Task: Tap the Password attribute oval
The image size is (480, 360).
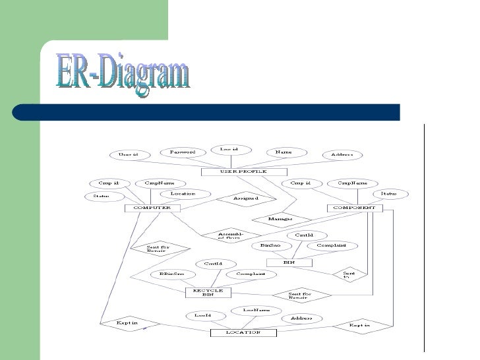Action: [x=183, y=152]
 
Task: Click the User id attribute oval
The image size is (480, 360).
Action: [x=128, y=155]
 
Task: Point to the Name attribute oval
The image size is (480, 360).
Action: [x=284, y=152]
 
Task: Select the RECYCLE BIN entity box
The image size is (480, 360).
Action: [x=208, y=291]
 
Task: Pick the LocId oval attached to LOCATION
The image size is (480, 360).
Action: [x=203, y=316]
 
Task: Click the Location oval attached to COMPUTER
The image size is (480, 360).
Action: [x=183, y=194]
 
